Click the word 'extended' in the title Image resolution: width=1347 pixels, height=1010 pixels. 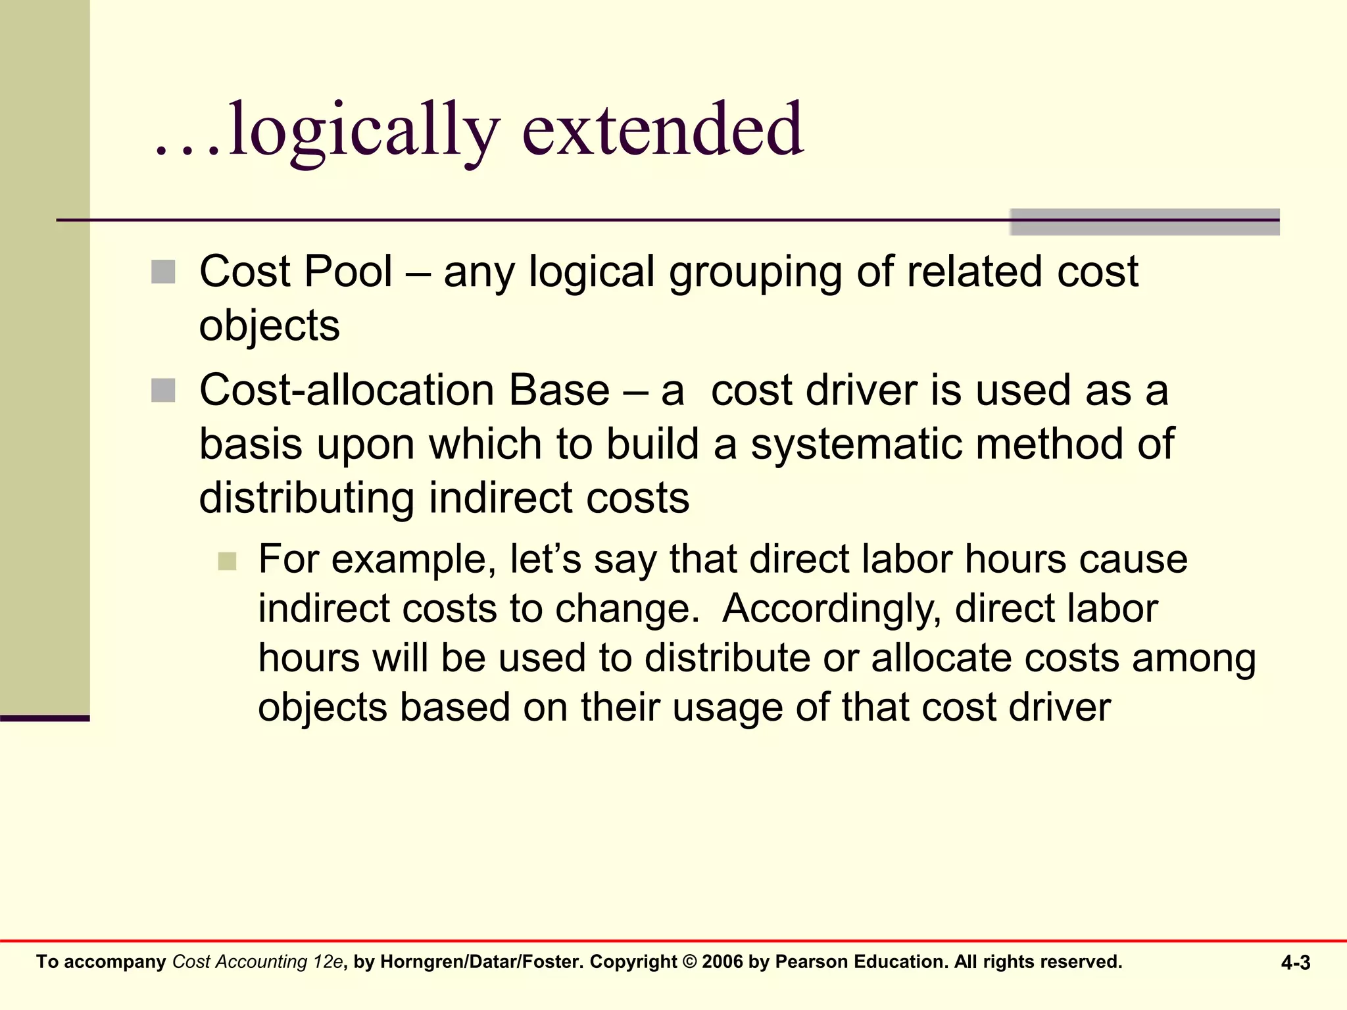click(662, 130)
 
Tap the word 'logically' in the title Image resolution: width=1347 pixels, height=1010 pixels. click(364, 131)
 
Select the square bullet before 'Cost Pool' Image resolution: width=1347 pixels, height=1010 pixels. click(163, 272)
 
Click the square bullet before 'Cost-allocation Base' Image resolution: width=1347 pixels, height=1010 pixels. click(163, 390)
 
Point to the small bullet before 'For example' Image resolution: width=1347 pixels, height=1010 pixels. click(227, 561)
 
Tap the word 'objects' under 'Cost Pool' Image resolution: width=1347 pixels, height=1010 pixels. click(270, 326)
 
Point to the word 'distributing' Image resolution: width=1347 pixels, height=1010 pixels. click(306, 498)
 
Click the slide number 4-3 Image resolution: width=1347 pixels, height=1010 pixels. click(1296, 963)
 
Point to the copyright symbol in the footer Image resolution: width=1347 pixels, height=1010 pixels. click(690, 962)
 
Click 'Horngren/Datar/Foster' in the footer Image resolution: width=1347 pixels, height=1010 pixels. click(482, 962)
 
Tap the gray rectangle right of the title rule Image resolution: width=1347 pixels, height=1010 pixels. click(1144, 222)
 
